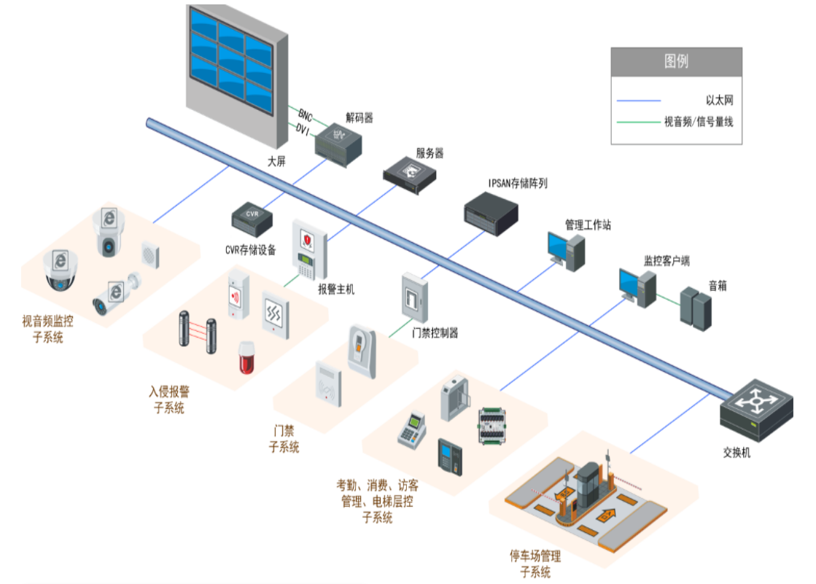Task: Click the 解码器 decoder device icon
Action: point(338,143)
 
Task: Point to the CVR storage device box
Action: point(252,217)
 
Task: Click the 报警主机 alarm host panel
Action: point(310,249)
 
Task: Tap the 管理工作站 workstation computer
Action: point(567,252)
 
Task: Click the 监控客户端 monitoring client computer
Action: point(637,287)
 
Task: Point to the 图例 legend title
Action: point(676,61)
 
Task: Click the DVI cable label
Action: point(302,129)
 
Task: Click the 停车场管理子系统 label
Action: point(535,564)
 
